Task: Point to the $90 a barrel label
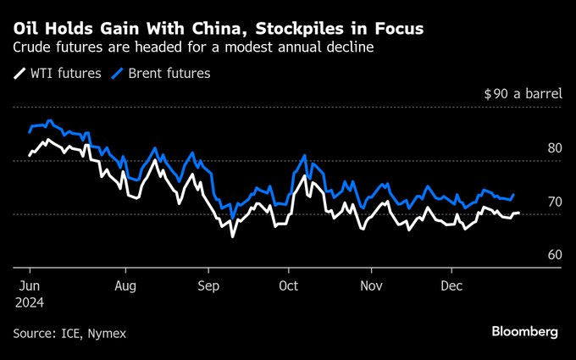[523, 94]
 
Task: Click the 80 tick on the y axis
[555, 148]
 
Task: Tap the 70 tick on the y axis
[555, 202]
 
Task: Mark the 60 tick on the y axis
[555, 255]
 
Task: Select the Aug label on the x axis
[125, 286]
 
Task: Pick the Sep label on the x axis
[208, 286]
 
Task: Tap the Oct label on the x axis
[288, 286]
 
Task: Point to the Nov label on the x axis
[370, 286]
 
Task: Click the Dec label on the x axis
[451, 286]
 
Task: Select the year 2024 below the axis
[28, 302]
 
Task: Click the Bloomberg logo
[524, 331]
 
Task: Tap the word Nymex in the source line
[108, 334]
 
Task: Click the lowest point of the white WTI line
[232, 236]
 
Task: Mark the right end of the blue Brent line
[514, 195]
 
